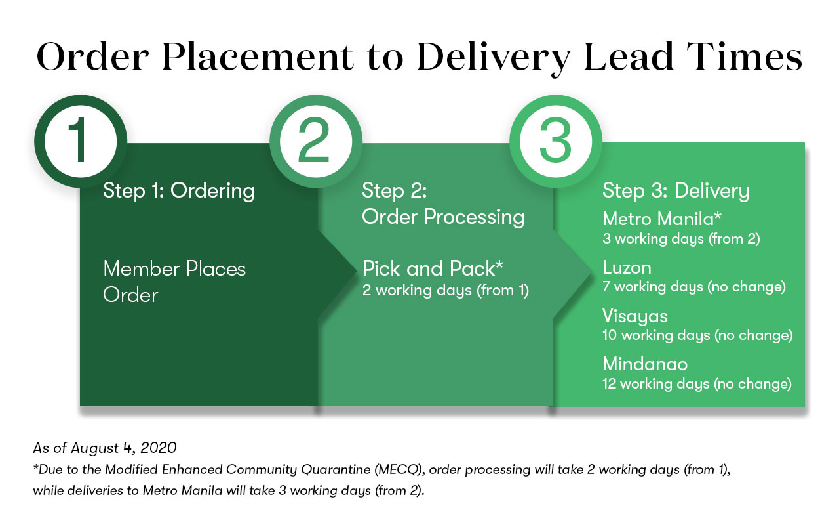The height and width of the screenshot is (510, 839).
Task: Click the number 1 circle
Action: click(x=81, y=141)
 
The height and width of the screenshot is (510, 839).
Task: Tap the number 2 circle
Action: click(x=316, y=141)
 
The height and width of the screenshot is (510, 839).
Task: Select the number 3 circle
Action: click(x=556, y=141)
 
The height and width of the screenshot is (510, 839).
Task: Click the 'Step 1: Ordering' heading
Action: click(x=179, y=191)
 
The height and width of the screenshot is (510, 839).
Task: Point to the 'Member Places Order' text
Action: click(x=174, y=282)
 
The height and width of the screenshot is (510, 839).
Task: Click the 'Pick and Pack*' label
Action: click(x=433, y=268)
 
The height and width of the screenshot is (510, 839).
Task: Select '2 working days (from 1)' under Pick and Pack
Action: click(x=445, y=291)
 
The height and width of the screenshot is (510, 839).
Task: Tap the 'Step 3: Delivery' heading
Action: click(x=676, y=191)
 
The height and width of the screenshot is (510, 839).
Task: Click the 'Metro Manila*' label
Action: click(x=662, y=219)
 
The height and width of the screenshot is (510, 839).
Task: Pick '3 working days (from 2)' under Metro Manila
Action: click(x=681, y=240)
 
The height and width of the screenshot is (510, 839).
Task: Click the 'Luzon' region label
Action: click(x=627, y=268)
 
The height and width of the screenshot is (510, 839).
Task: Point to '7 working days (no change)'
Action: click(x=694, y=287)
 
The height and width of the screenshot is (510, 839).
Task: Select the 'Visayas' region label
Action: click(x=635, y=316)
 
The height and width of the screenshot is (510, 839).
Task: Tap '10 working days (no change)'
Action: click(x=697, y=335)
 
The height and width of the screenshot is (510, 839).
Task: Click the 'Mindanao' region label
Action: click(x=645, y=364)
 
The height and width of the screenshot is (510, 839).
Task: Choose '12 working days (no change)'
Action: click(x=697, y=384)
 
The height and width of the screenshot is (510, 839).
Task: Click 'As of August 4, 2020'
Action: click(x=105, y=448)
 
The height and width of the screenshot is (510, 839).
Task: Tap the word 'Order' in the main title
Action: click(x=93, y=57)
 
